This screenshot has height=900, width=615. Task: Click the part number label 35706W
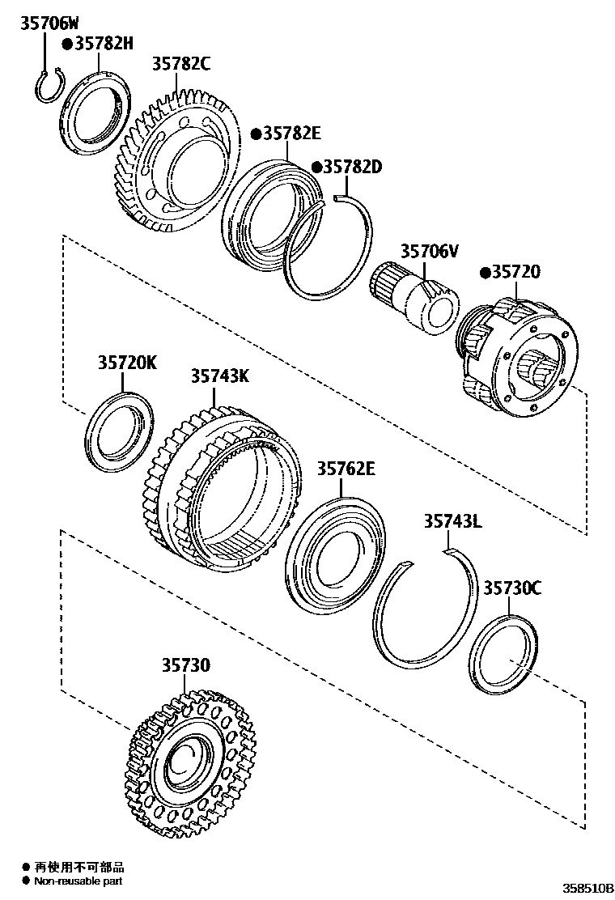pos(50,23)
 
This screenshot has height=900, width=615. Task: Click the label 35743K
pos(220,376)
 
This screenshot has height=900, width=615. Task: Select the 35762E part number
pos(346,467)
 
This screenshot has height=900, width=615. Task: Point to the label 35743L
pos(452,522)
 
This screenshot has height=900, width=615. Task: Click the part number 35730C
pos(512,588)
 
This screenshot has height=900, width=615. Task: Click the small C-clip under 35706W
pos(47,87)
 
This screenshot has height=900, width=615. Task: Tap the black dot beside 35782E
pos(255,134)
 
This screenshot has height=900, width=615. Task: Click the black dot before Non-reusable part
pos(27,881)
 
